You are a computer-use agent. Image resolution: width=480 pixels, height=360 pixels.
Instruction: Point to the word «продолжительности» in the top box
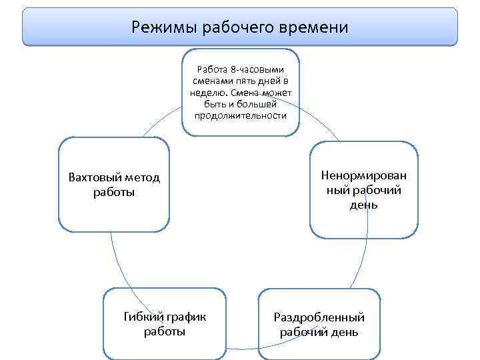(x=241, y=115)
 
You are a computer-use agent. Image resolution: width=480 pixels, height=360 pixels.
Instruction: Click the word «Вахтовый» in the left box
(x=95, y=178)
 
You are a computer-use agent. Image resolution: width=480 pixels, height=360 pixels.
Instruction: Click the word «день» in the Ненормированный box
(x=364, y=205)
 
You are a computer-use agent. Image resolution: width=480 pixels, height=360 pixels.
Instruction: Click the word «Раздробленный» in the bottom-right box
(x=319, y=318)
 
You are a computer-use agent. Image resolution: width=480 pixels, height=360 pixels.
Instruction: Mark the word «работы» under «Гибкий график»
(x=165, y=331)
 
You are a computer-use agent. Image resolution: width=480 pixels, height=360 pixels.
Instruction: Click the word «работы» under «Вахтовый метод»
(x=115, y=193)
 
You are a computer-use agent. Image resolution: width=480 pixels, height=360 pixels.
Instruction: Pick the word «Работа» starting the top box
(x=212, y=69)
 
